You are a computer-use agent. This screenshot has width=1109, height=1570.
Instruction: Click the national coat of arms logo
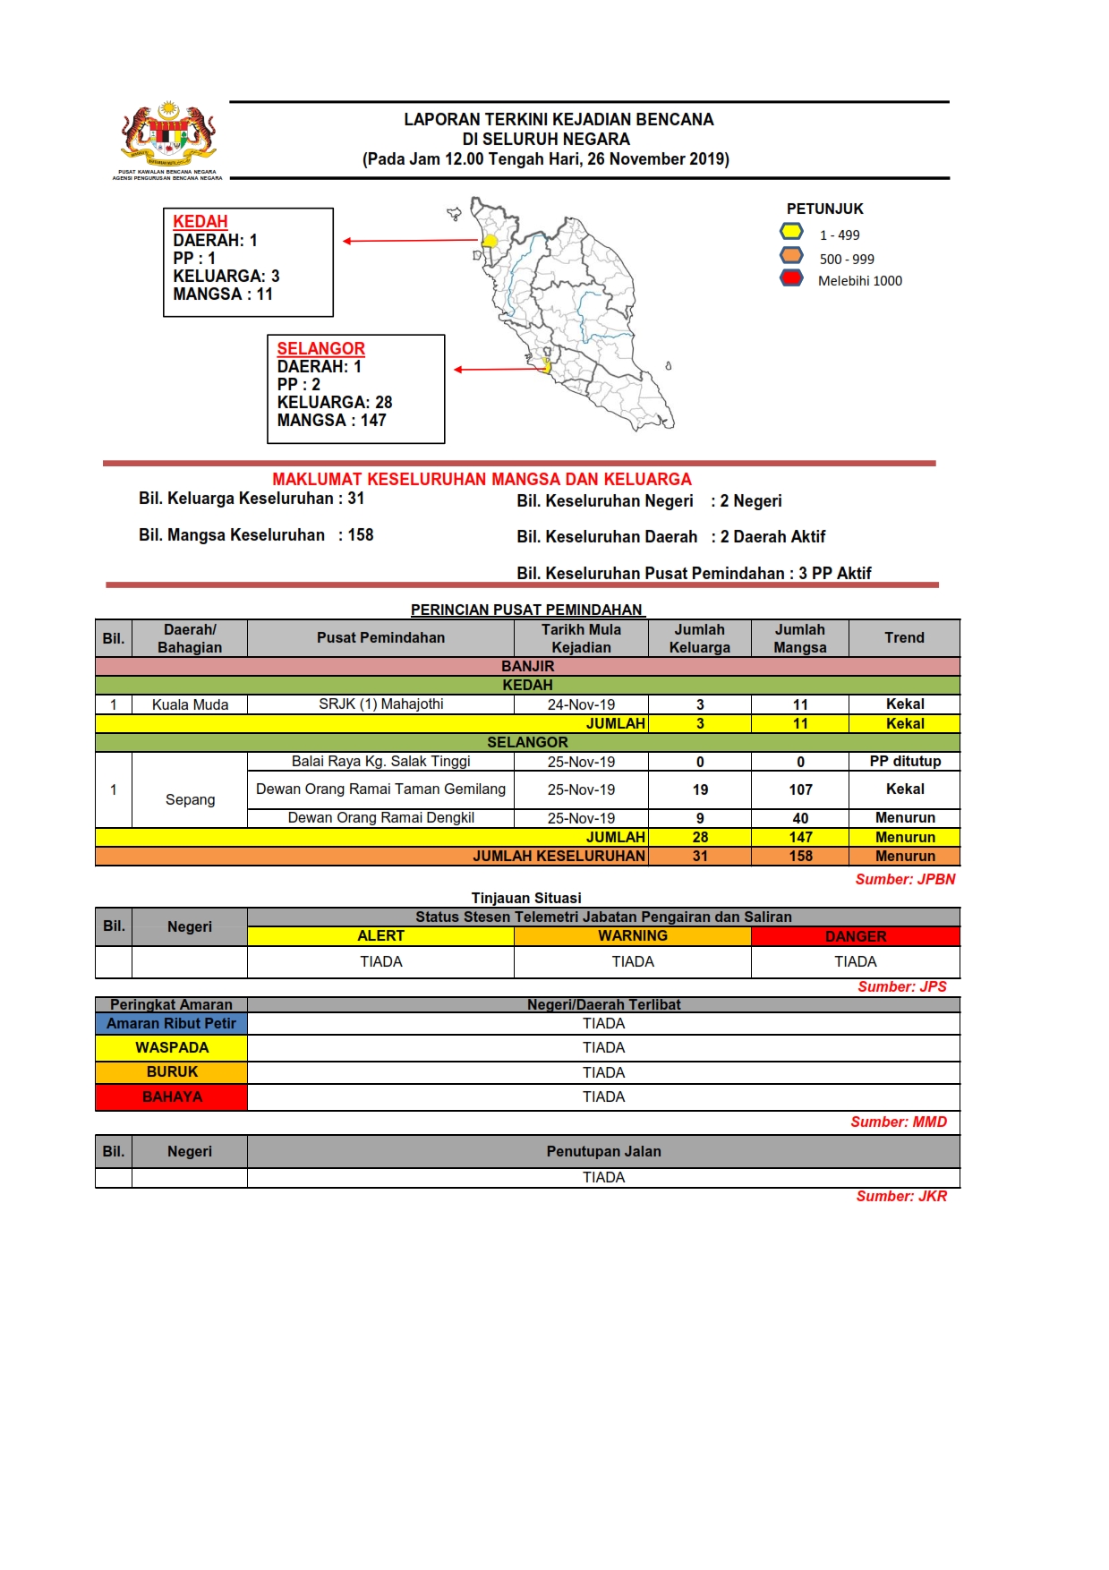(x=168, y=135)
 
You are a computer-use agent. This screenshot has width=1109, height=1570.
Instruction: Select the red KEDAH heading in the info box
(x=200, y=221)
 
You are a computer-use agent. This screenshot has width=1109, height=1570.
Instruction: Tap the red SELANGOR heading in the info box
(x=320, y=348)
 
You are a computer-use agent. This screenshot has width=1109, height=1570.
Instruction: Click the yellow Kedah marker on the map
(x=490, y=241)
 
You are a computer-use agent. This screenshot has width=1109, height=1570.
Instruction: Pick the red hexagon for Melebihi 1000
(x=791, y=278)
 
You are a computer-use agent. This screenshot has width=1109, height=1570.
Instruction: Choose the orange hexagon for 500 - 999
(x=791, y=256)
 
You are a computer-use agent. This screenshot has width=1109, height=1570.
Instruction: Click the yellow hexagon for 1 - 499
(x=791, y=232)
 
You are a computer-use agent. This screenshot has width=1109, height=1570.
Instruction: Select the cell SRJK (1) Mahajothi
(x=380, y=704)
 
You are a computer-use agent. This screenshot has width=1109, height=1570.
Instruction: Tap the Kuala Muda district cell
(x=190, y=704)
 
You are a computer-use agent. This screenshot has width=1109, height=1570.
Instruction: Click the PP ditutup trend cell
(x=904, y=762)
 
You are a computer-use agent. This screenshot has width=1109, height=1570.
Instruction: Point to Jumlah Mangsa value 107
(x=800, y=789)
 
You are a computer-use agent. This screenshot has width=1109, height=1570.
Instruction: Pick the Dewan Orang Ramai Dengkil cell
(x=380, y=818)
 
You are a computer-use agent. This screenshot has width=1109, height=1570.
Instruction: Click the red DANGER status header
(x=855, y=936)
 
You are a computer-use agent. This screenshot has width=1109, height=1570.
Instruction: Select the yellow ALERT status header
(x=380, y=936)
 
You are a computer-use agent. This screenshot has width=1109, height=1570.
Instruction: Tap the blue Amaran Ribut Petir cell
(x=171, y=1024)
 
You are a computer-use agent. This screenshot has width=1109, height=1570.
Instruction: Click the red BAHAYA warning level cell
(x=171, y=1097)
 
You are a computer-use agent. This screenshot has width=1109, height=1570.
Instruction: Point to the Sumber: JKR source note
(x=900, y=1197)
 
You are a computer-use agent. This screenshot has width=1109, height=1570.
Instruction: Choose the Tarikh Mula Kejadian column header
(x=581, y=638)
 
